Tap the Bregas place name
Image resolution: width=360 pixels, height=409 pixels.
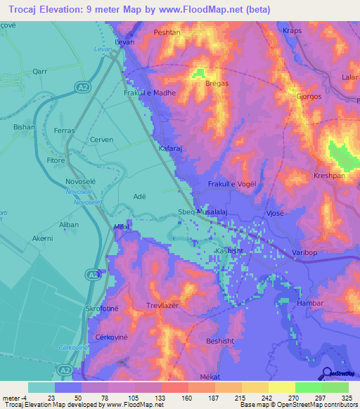pyautogui.click(x=198, y=84)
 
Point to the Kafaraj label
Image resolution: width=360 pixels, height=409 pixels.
pyautogui.click(x=172, y=149)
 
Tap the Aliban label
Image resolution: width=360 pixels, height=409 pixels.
pyautogui.click(x=69, y=224)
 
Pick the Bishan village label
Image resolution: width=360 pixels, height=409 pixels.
pyautogui.click(x=24, y=127)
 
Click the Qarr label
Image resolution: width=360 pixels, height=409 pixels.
pyautogui.click(x=39, y=71)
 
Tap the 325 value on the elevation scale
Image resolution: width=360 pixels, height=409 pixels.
pyautogui.click(x=347, y=397)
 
